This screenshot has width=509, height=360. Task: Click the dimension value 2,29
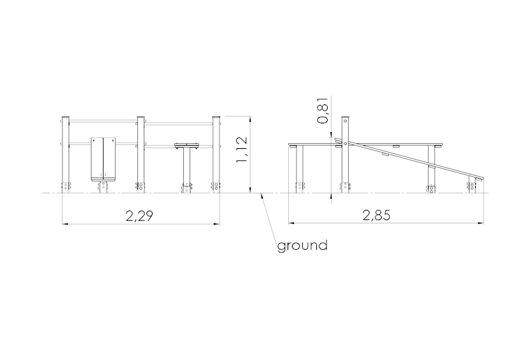tap(139, 216)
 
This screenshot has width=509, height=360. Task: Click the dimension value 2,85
tap(376, 215)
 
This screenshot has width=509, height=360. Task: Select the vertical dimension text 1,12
tap(242, 149)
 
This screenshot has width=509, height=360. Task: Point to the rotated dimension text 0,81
tap(323, 111)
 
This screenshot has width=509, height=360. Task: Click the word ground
tap(302, 246)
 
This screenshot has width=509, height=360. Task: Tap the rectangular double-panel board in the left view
tap(103, 159)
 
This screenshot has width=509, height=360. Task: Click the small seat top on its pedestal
tap(186, 146)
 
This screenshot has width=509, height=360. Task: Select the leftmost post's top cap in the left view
tap(66, 117)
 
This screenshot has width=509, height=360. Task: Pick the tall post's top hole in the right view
tap(345, 121)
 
